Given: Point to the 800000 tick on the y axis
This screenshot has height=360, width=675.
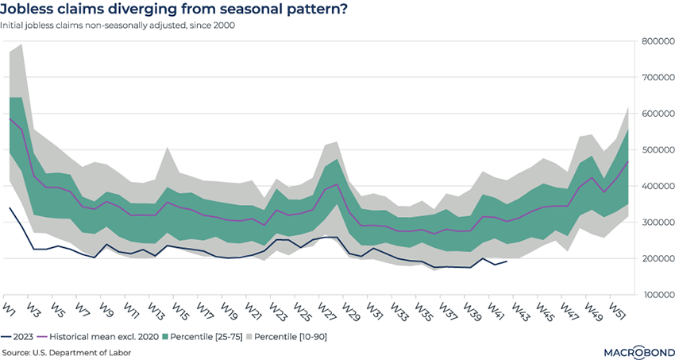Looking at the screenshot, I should [658, 41].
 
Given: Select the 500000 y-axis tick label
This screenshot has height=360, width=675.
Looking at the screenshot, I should [658, 150].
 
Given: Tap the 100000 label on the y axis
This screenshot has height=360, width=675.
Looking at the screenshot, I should [658, 295].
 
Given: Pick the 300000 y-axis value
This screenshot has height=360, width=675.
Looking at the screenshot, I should [658, 223].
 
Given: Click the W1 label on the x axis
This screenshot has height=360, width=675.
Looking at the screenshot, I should [10, 306].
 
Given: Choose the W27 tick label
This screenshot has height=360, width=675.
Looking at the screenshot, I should [325, 308].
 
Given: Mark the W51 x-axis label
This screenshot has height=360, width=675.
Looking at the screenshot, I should [615, 308].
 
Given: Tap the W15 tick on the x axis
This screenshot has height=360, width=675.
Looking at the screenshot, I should [179, 308].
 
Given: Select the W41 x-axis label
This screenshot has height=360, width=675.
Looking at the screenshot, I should [494, 308].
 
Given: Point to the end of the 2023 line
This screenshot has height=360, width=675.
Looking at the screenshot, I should [507, 261].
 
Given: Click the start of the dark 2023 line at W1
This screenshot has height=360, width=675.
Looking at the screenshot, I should [10, 207].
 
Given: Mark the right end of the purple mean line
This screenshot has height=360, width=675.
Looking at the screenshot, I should [628, 161].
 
